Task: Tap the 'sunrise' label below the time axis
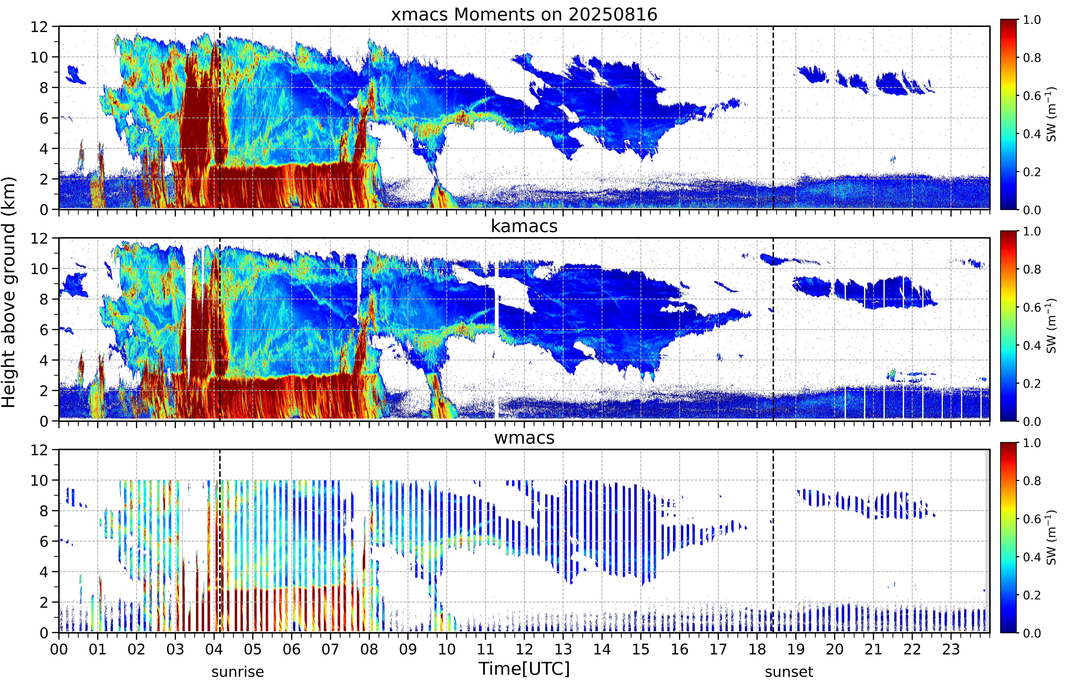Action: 238,672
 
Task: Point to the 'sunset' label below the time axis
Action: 789,672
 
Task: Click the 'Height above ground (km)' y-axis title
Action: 9,292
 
